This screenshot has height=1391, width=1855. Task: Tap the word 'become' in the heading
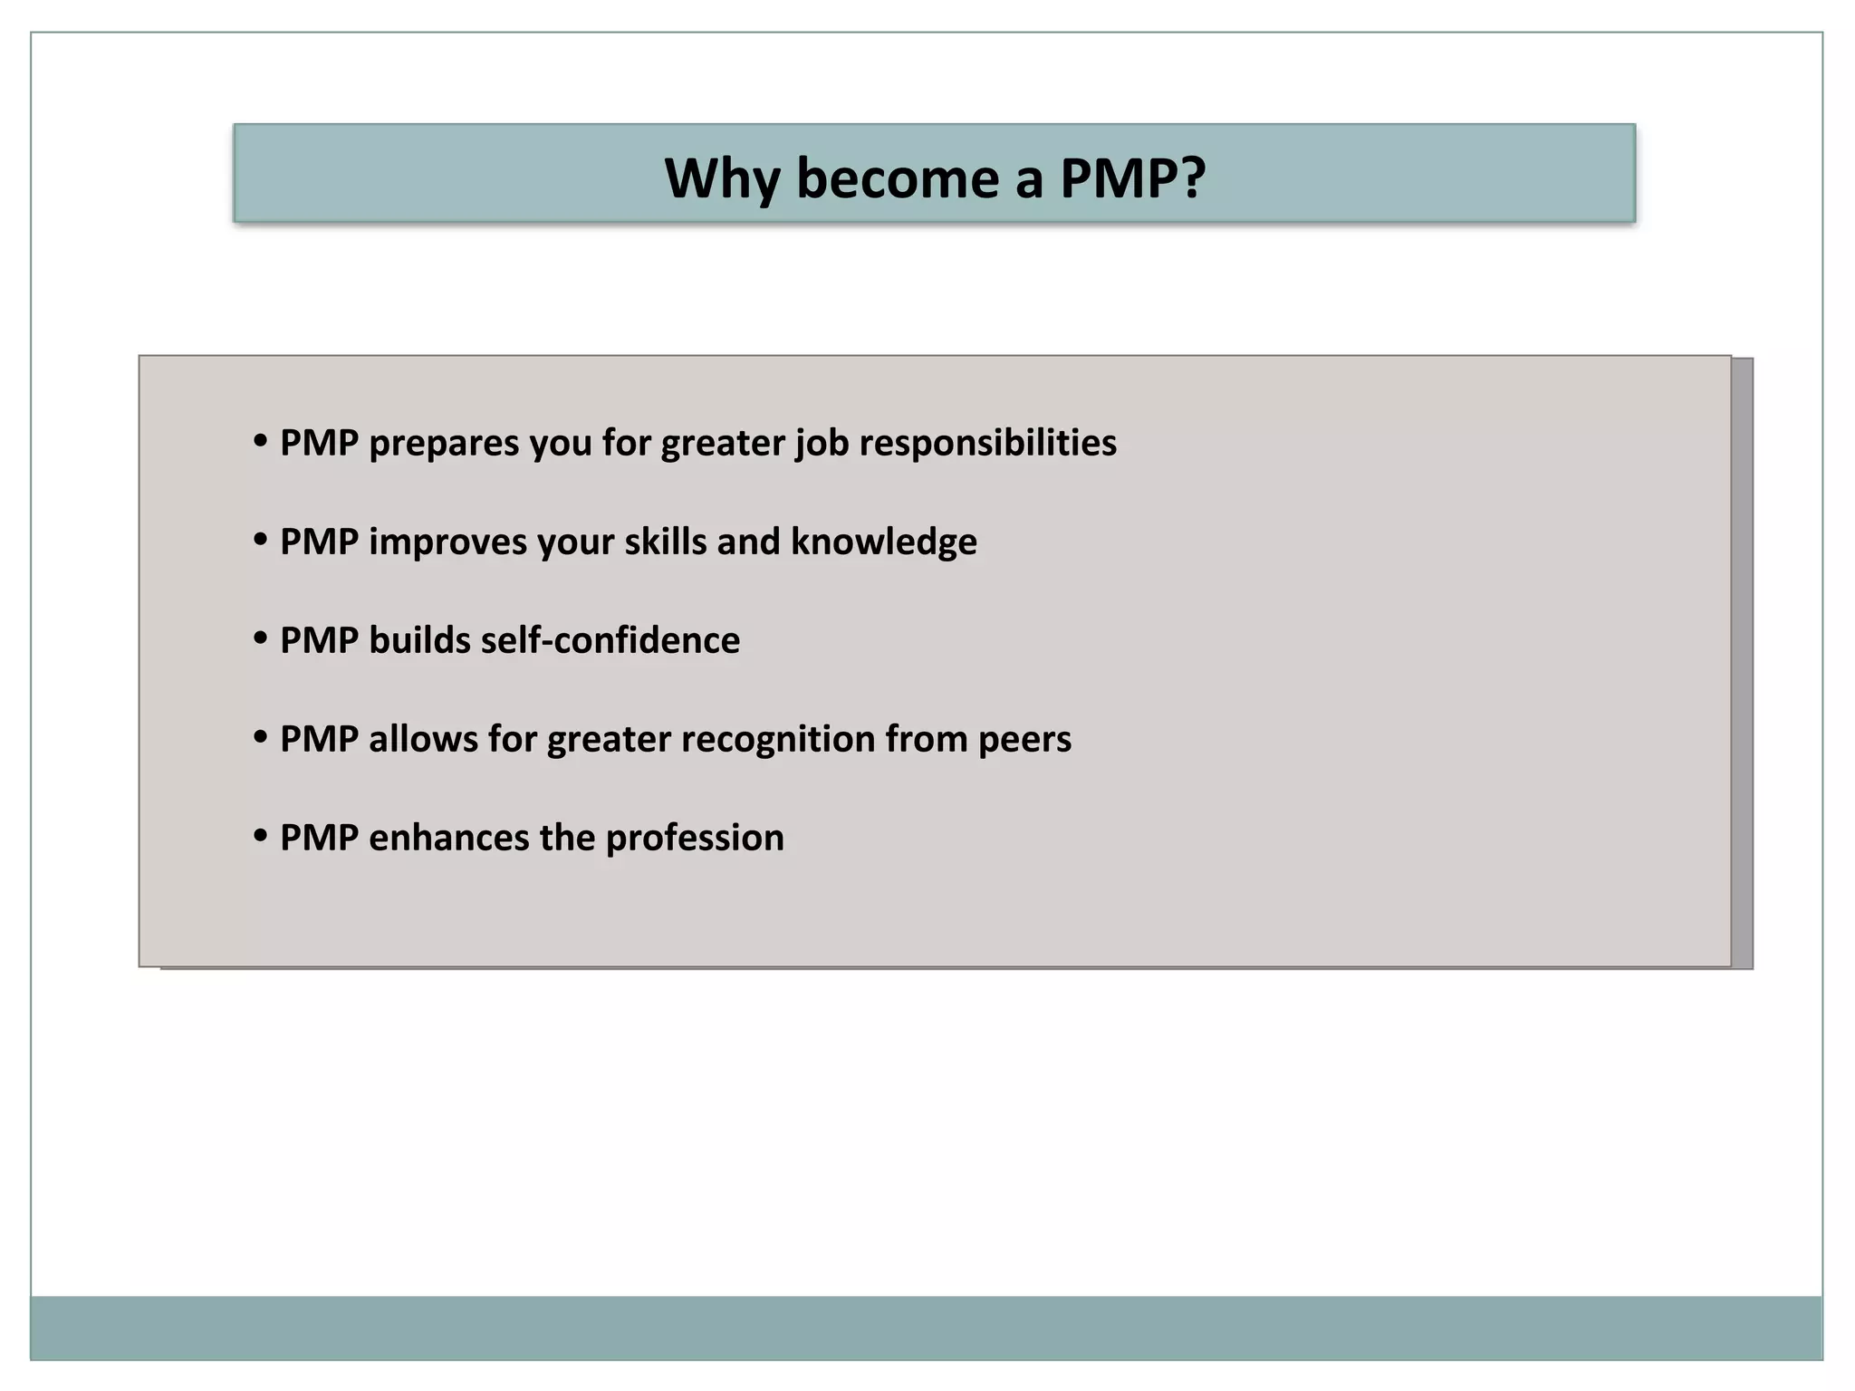click(898, 178)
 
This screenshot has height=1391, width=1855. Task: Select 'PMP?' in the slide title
click(1132, 178)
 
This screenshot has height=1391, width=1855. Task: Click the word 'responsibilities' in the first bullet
click(987, 443)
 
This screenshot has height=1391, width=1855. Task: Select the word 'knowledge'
click(883, 542)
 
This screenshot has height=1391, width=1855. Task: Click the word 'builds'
click(419, 640)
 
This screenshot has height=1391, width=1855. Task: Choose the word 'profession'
click(695, 838)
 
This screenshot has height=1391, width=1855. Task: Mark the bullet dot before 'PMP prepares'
click(261, 442)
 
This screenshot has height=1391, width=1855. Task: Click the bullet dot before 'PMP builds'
click(261, 639)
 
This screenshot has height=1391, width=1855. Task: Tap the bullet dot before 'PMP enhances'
click(261, 837)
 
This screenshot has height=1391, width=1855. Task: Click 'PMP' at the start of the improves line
click(319, 542)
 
